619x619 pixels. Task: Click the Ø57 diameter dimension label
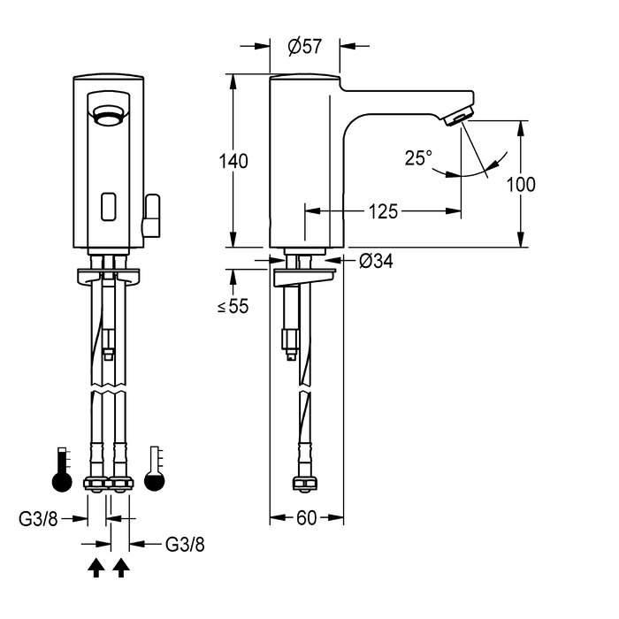click(x=305, y=47)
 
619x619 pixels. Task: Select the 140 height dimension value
click(x=234, y=161)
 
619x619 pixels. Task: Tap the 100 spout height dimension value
click(x=523, y=184)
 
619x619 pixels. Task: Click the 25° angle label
click(x=419, y=157)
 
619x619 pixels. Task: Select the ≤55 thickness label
click(x=233, y=307)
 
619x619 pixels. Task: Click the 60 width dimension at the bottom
click(x=306, y=518)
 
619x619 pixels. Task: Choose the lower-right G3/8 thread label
click(x=186, y=544)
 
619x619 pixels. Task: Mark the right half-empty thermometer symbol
click(x=156, y=472)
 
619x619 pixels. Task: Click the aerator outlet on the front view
click(x=107, y=115)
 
